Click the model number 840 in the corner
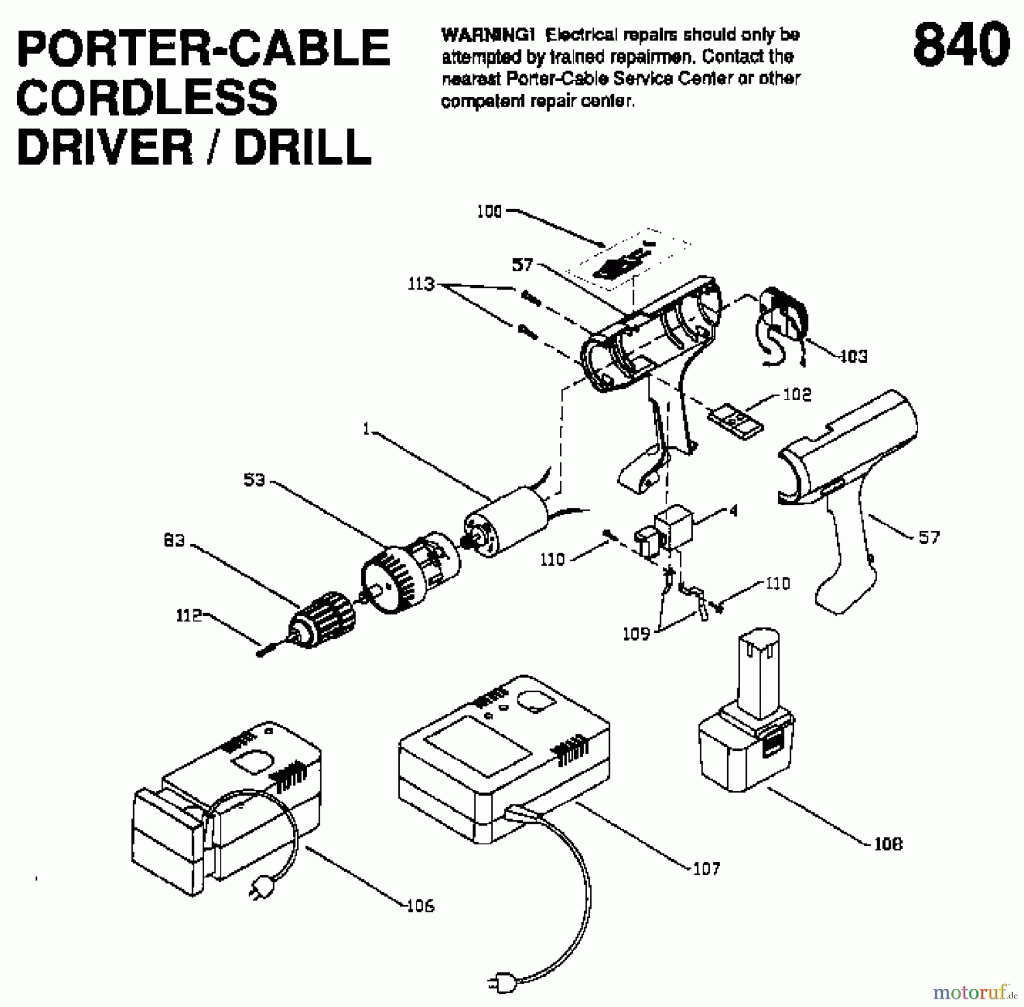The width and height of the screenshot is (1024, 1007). click(961, 46)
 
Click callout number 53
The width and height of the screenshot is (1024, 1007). click(254, 480)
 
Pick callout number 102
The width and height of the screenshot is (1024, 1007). click(797, 394)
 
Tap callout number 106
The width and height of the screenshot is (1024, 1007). click(420, 905)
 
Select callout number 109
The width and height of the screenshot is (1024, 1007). click(636, 634)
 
